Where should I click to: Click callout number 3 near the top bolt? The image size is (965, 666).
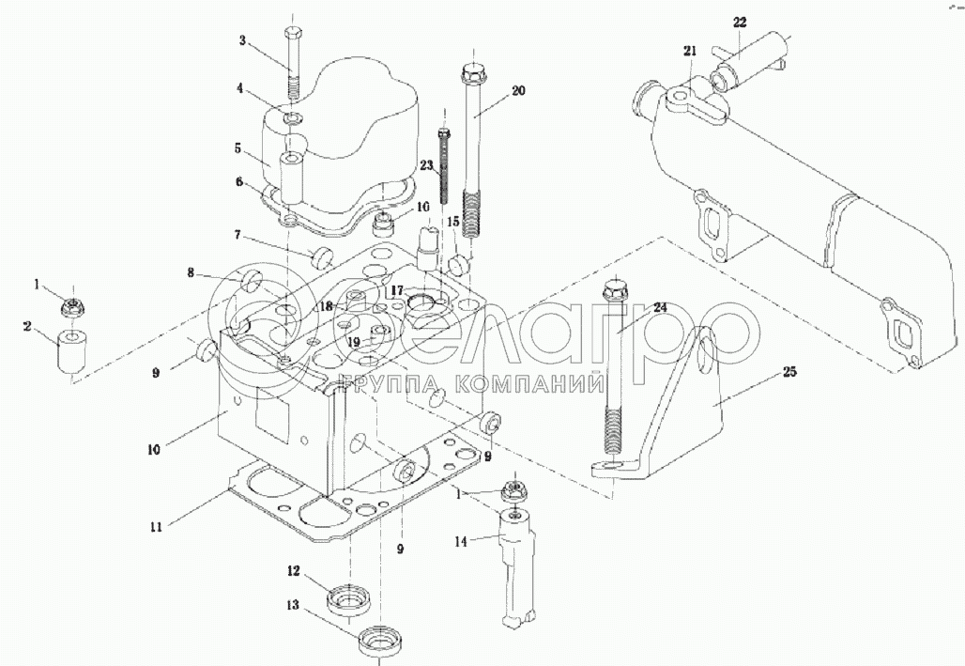(x=242, y=41)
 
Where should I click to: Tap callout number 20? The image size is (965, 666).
(x=518, y=90)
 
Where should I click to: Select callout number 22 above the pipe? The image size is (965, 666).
(x=739, y=23)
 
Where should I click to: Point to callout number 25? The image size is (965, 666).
(x=789, y=372)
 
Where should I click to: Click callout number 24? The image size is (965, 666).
(x=660, y=306)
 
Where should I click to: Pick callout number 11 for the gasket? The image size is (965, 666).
(x=157, y=527)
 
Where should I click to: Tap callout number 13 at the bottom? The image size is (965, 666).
(x=293, y=605)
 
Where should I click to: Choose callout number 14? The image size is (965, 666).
(x=462, y=542)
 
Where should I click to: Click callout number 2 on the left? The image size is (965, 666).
(x=27, y=327)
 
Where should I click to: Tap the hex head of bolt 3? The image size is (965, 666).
(x=292, y=32)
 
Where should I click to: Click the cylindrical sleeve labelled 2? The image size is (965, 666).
(x=73, y=352)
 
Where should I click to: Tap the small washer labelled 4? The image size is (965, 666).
(x=293, y=117)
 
